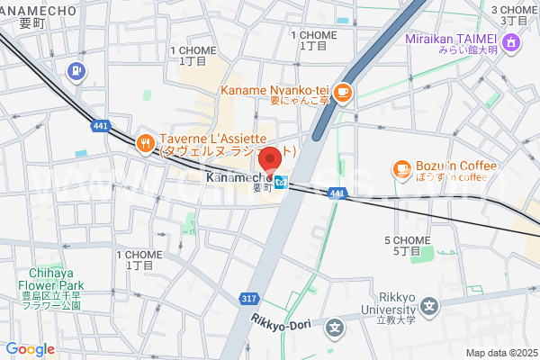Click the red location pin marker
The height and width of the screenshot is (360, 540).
[270, 159]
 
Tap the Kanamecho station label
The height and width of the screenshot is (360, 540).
[238, 178]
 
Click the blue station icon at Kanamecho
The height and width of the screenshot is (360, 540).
[282, 183]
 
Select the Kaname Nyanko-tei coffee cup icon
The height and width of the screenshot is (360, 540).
[344, 91]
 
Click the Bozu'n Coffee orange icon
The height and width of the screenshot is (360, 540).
[401, 167]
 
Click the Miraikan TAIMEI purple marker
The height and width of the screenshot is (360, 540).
[511, 40]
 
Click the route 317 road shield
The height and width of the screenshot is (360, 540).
[250, 298]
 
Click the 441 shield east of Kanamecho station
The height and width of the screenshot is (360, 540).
[337, 193]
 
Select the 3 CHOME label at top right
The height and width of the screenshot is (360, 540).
[515, 13]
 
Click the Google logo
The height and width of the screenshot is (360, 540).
[30, 349]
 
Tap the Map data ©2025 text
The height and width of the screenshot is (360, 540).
[500, 353]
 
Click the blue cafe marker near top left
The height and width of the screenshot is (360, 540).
[76, 70]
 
